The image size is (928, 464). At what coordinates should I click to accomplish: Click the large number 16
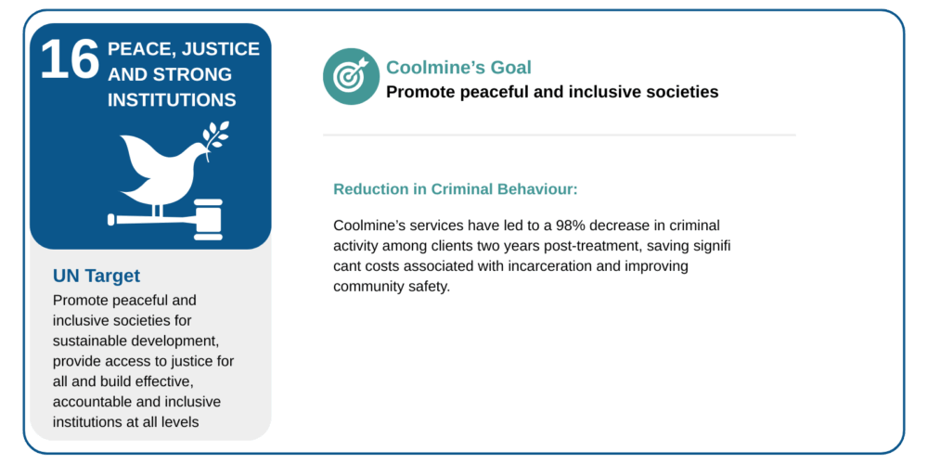click(70, 59)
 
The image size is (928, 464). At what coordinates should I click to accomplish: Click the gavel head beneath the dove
click(208, 220)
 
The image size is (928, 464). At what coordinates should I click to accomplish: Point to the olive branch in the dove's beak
click(215, 136)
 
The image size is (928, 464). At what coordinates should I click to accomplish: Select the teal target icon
click(351, 76)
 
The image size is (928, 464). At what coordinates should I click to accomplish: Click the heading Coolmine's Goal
click(458, 68)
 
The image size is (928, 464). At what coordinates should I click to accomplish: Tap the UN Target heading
click(97, 276)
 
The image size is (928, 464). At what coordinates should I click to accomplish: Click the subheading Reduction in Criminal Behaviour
click(455, 189)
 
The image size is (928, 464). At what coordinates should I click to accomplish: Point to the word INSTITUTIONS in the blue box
click(172, 99)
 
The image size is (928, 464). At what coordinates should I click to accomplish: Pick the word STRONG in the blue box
click(199, 74)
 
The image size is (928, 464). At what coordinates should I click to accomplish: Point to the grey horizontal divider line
click(560, 135)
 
